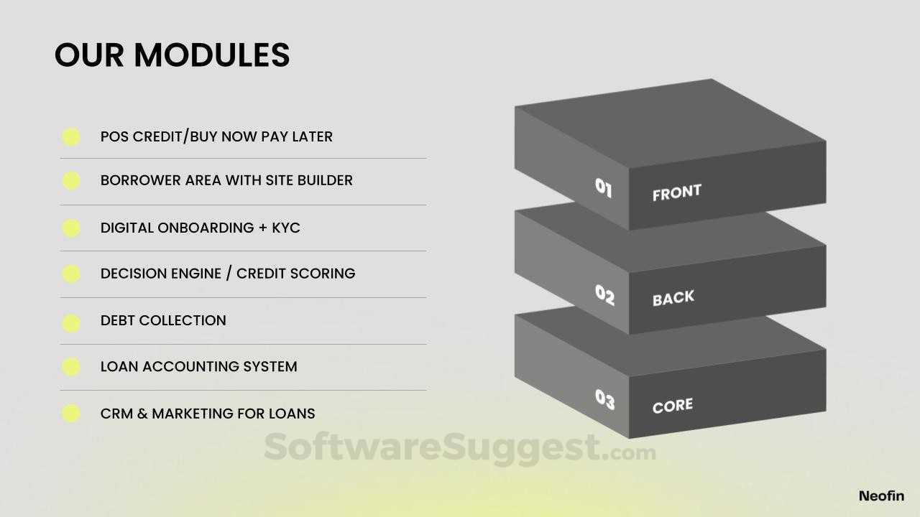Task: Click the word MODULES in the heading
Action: (212, 55)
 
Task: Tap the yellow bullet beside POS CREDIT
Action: (71, 137)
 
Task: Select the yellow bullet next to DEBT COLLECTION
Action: (71, 323)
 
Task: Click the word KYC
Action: (286, 228)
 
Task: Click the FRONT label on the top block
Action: (677, 192)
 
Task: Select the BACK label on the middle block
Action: (673, 298)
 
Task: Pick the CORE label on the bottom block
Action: (672, 406)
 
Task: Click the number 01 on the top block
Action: (603, 188)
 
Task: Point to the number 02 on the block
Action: (604, 295)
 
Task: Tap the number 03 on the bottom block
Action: (605, 400)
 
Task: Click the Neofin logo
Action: (881, 496)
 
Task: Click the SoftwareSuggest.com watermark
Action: (459, 448)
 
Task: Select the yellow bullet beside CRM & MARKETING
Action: (71, 413)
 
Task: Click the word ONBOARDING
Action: (206, 228)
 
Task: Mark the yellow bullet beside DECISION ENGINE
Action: (71, 274)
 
